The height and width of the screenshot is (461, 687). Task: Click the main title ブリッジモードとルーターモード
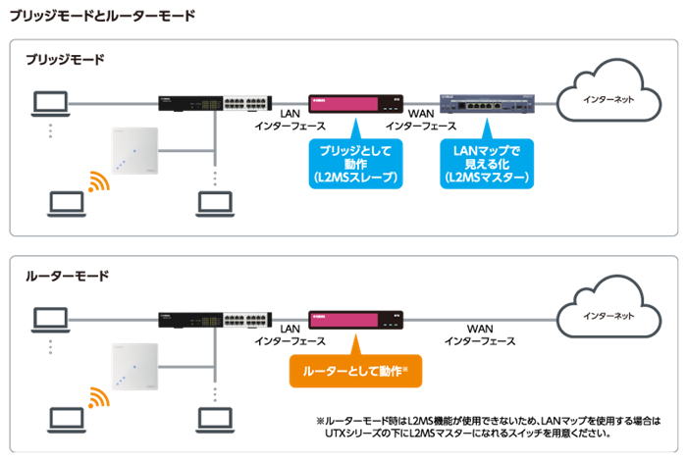pyautogui.click(x=102, y=16)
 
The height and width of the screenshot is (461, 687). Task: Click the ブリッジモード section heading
pyautogui.click(x=65, y=60)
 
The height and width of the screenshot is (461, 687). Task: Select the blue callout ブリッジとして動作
pyautogui.click(x=355, y=163)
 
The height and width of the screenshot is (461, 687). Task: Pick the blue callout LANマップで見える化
pyautogui.click(x=487, y=163)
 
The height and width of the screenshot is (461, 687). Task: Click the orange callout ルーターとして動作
pyautogui.click(x=355, y=372)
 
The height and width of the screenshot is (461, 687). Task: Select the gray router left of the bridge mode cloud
pyautogui.click(x=488, y=102)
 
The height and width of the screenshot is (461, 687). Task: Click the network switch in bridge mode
pyautogui.click(x=214, y=102)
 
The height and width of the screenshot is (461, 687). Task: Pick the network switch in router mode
pyautogui.click(x=214, y=320)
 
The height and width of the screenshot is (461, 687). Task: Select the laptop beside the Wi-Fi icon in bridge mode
pyautogui.click(x=66, y=203)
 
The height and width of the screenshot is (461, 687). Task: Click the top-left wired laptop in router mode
pyautogui.click(x=50, y=318)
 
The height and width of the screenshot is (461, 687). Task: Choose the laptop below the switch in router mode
pyautogui.click(x=214, y=419)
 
